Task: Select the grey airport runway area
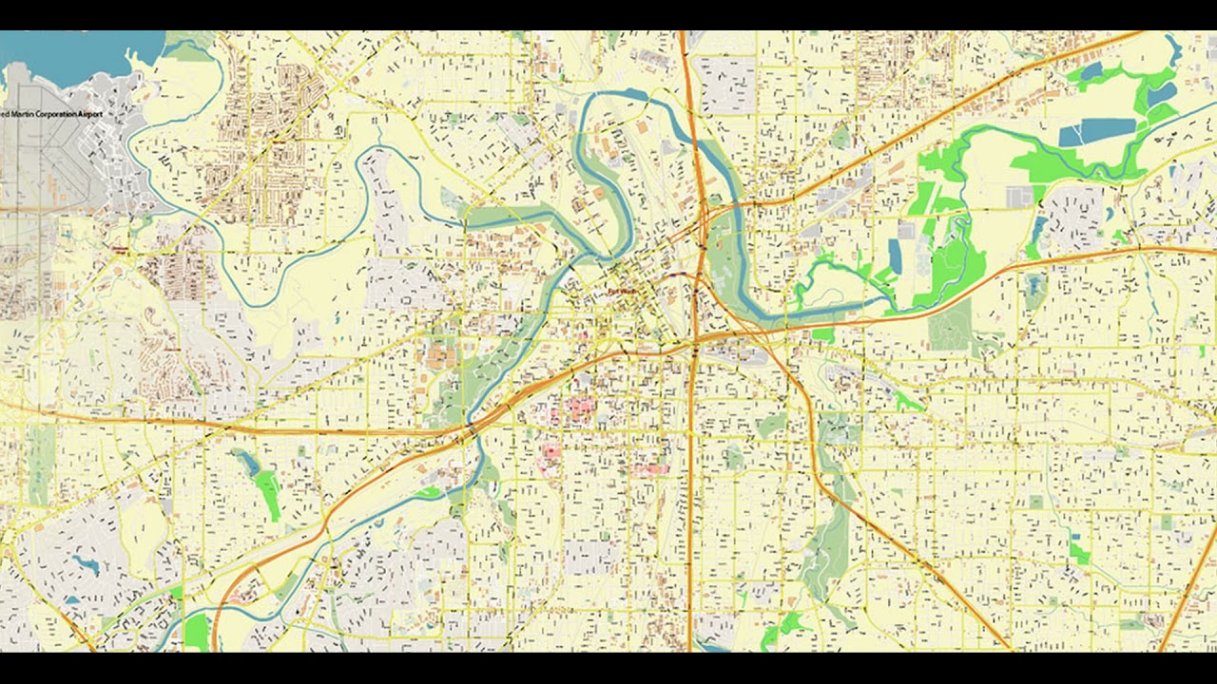pos(38,161)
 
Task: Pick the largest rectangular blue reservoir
pos(1097,132)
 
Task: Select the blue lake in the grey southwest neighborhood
pos(86,565)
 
